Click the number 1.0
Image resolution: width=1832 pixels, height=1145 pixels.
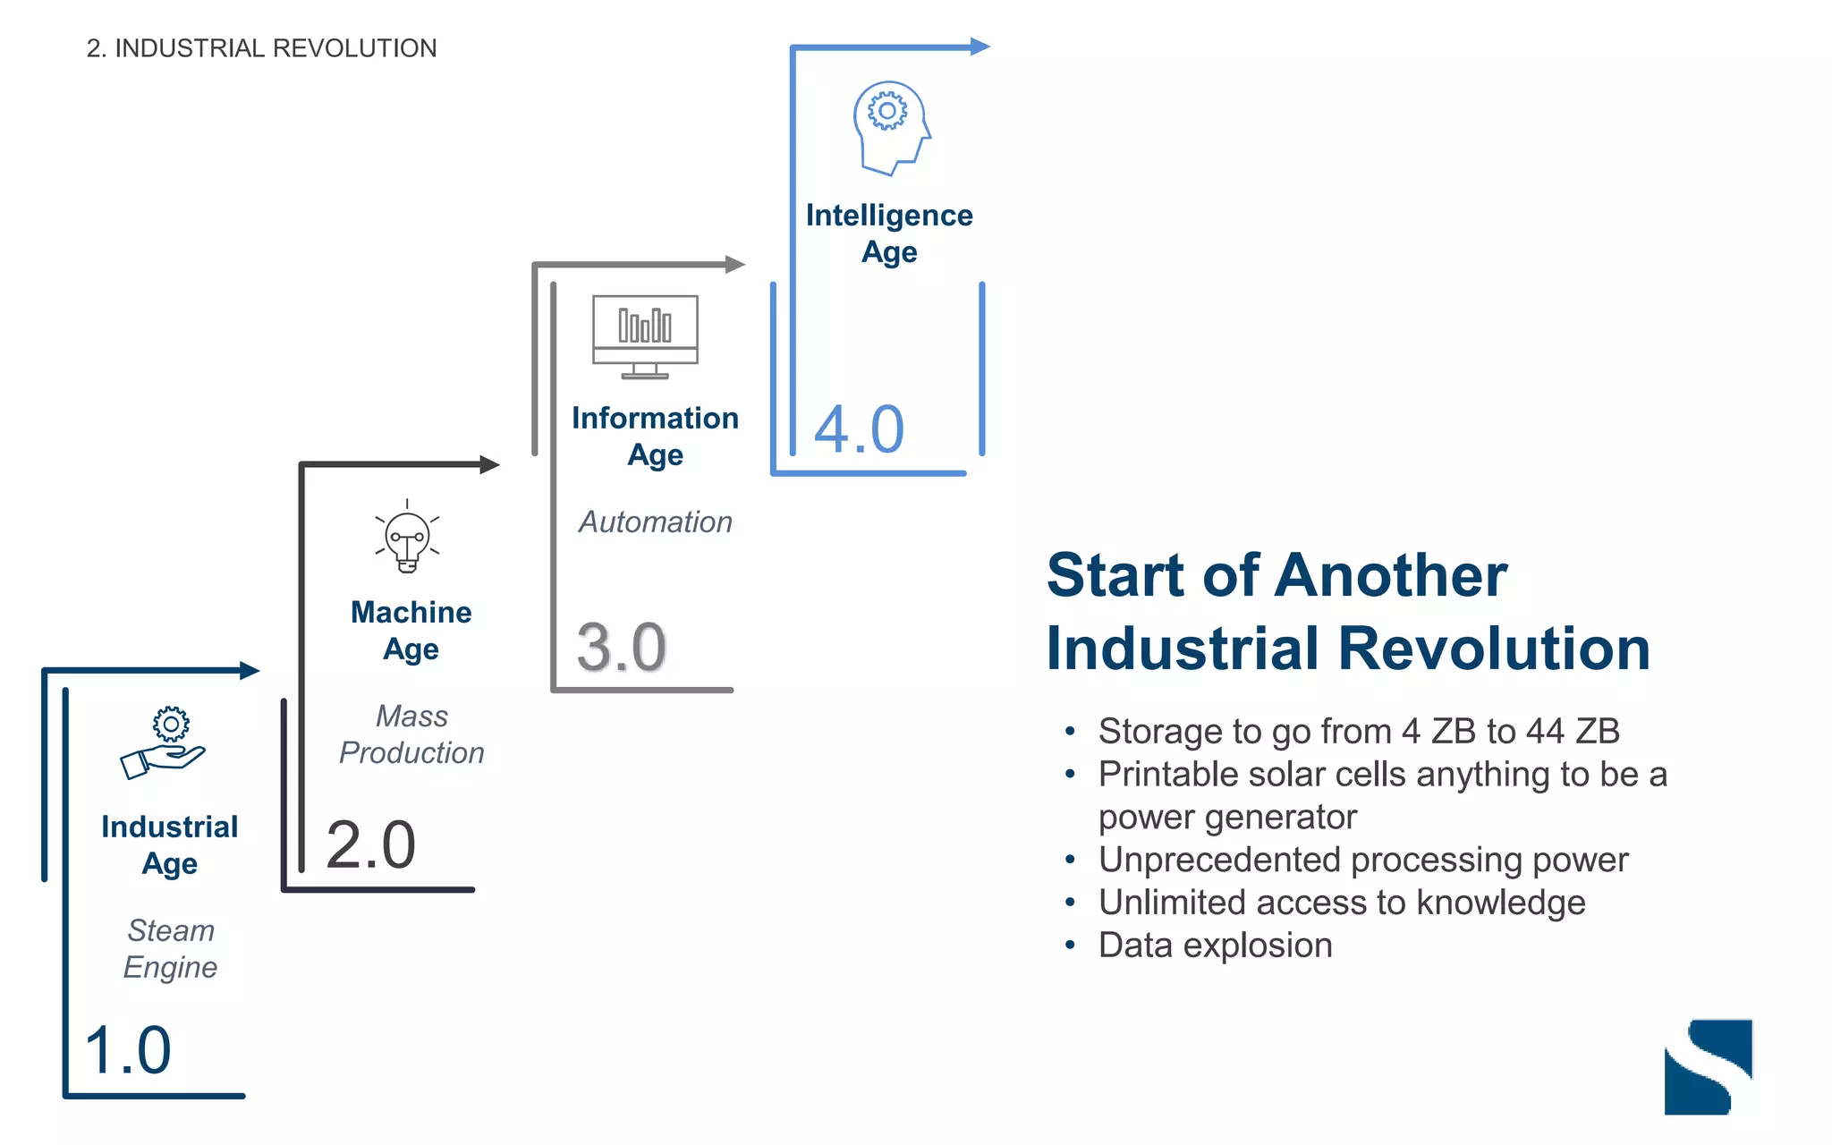coord(127,1050)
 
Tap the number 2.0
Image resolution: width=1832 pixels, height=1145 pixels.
coord(371,845)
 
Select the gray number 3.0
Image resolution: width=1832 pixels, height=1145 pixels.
coord(621,647)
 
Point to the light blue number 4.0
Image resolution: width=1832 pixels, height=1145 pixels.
coord(859,430)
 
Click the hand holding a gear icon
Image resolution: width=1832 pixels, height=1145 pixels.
coord(164,742)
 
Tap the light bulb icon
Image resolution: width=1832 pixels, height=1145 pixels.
coord(407,537)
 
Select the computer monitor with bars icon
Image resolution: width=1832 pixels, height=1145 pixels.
coord(645,336)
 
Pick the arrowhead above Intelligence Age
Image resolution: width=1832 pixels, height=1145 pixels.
coord(980,47)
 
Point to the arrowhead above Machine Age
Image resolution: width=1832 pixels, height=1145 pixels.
coord(489,464)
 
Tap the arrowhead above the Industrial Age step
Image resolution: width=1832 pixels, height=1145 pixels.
coord(250,670)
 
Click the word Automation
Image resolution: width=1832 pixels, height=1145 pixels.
coord(655,522)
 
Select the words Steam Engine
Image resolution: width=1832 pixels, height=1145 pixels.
coord(170,949)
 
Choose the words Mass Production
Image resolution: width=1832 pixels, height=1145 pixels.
coord(411,734)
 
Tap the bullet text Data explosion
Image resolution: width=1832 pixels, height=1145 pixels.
coord(1215,946)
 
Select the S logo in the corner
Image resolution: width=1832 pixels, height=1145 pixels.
coord(1708,1066)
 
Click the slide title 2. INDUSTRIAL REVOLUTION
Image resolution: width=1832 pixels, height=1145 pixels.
coord(261,48)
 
